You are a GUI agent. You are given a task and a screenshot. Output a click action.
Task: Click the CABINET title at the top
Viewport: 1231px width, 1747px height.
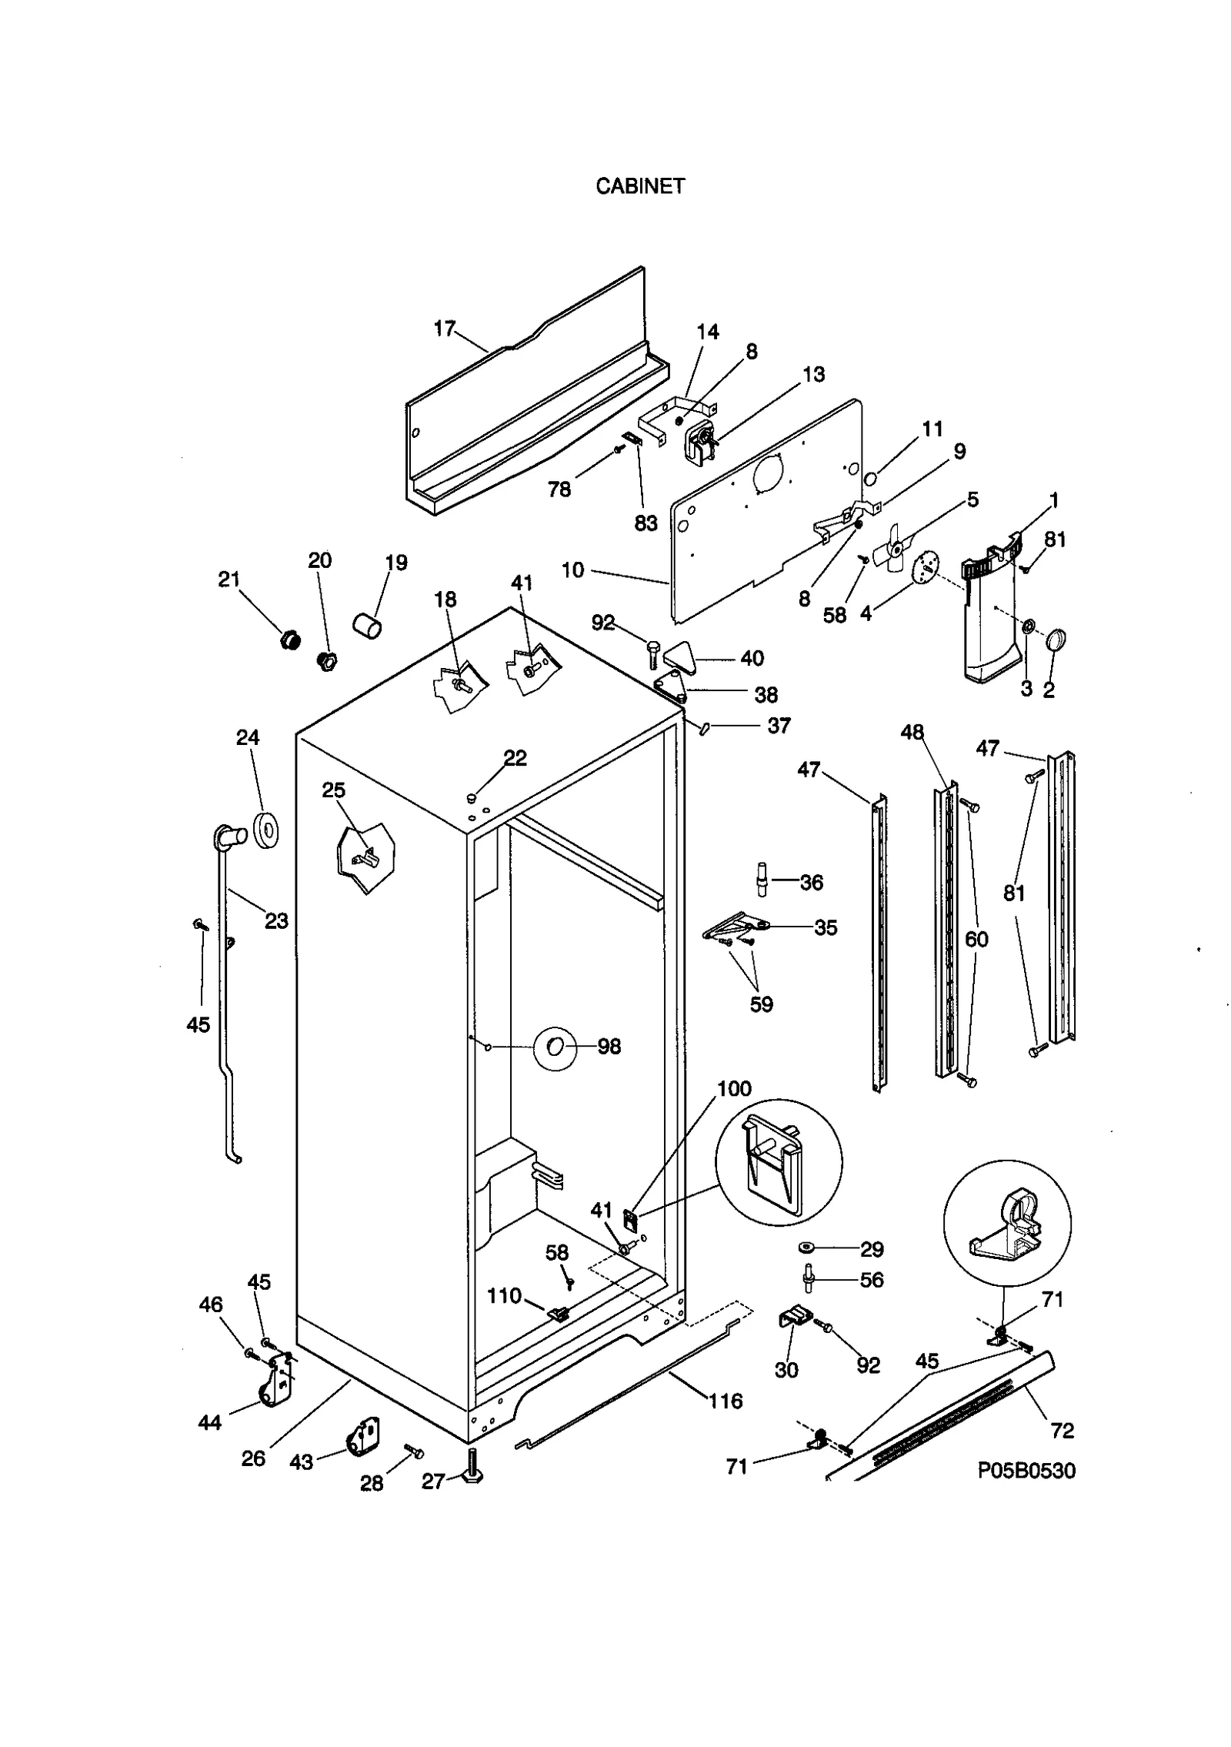(x=639, y=186)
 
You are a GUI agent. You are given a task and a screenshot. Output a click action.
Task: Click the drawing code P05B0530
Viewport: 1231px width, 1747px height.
(x=1026, y=1471)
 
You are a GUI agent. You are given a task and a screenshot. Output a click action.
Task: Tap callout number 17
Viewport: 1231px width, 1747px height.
(x=445, y=329)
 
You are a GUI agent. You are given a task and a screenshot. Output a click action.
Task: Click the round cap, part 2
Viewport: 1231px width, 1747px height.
(x=1056, y=640)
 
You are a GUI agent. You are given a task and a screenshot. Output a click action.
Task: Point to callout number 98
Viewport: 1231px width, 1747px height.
(x=609, y=1047)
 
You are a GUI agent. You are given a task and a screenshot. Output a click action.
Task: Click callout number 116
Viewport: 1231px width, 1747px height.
(x=725, y=1401)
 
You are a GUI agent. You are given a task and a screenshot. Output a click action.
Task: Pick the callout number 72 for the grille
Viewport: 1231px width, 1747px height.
(x=1062, y=1431)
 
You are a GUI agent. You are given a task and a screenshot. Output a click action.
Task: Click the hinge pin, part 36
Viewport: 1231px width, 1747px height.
(x=761, y=879)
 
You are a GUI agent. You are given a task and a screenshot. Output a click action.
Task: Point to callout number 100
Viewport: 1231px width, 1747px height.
(x=734, y=1088)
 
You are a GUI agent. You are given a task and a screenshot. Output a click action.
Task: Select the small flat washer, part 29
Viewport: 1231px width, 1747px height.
(x=808, y=1245)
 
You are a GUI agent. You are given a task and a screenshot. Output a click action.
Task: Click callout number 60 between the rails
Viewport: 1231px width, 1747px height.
(x=976, y=939)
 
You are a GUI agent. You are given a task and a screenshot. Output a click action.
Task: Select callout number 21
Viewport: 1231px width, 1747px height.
(x=229, y=580)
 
